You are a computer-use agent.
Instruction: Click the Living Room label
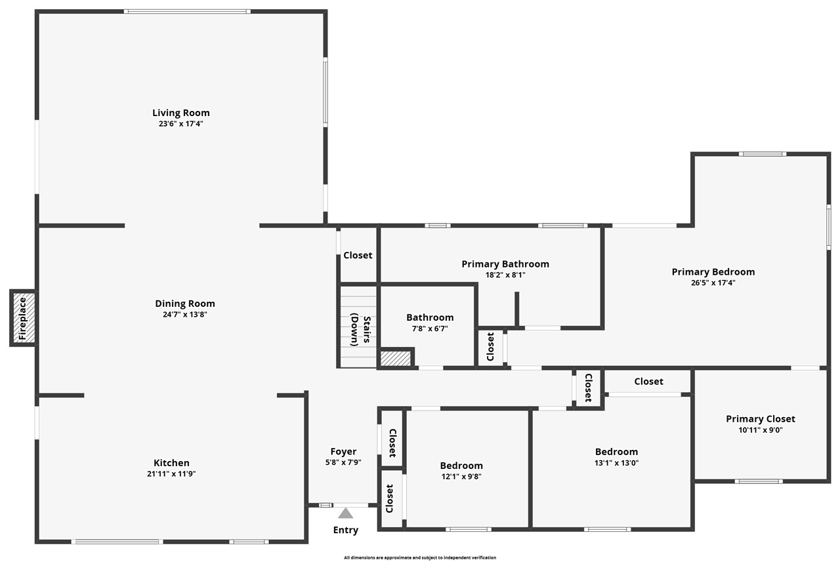(x=181, y=113)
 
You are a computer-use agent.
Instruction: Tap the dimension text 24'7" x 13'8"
(x=184, y=315)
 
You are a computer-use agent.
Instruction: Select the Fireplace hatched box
(x=23, y=318)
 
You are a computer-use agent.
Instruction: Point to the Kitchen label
(x=171, y=463)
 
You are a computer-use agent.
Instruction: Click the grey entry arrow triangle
(x=346, y=513)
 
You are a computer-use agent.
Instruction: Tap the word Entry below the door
(x=346, y=530)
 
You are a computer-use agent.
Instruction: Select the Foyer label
(x=343, y=451)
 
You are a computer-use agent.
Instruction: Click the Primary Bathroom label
(x=505, y=264)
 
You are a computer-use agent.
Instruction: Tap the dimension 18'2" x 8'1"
(x=505, y=275)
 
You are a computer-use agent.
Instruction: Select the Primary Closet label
(x=760, y=418)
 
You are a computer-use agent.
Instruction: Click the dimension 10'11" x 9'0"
(x=760, y=430)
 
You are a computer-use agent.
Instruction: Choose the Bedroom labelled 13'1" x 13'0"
(x=616, y=452)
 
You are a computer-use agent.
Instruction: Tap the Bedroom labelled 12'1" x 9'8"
(x=461, y=466)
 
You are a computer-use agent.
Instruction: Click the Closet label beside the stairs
(x=358, y=255)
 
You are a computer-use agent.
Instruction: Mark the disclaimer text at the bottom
(x=420, y=557)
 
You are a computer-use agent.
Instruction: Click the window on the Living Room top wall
(x=187, y=11)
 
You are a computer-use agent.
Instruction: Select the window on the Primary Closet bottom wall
(x=759, y=481)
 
